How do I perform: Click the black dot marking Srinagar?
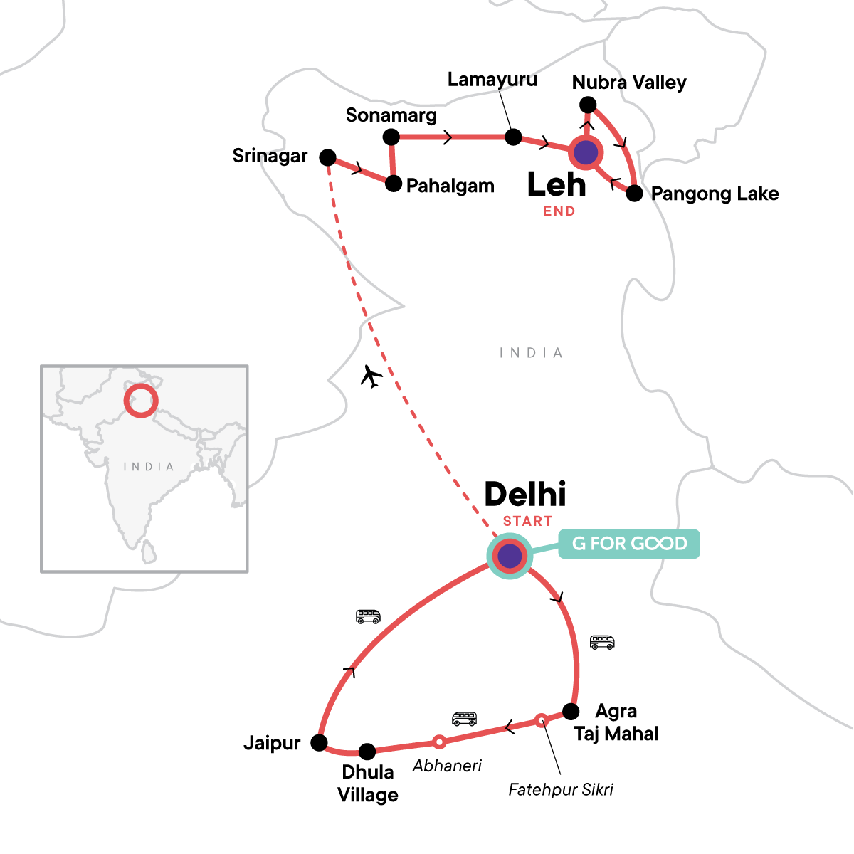click(x=327, y=157)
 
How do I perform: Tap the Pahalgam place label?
click(x=450, y=186)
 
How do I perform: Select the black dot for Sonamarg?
click(x=391, y=137)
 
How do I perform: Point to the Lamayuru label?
click(x=492, y=80)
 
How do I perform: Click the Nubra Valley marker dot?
click(x=588, y=105)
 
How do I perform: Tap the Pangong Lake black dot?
click(x=634, y=193)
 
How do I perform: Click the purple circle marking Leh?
click(x=586, y=152)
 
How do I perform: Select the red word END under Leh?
click(x=559, y=211)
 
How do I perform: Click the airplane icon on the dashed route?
click(x=371, y=376)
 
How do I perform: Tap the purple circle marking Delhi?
click(x=510, y=556)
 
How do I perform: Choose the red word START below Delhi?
click(x=527, y=522)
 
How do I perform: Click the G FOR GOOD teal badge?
click(x=629, y=544)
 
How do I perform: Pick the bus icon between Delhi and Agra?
click(x=602, y=643)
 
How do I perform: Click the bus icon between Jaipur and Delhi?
click(x=368, y=616)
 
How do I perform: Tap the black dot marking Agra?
click(x=571, y=711)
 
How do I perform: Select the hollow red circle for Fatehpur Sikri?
click(x=541, y=719)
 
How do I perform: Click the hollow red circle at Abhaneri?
click(x=439, y=742)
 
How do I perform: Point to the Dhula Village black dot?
click(x=367, y=751)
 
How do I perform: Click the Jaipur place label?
click(x=272, y=744)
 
